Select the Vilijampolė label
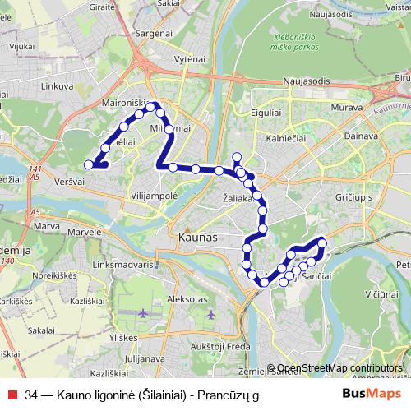point(154,196)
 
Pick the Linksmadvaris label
point(123,266)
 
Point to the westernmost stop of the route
point(89,164)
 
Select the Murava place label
point(346,107)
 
